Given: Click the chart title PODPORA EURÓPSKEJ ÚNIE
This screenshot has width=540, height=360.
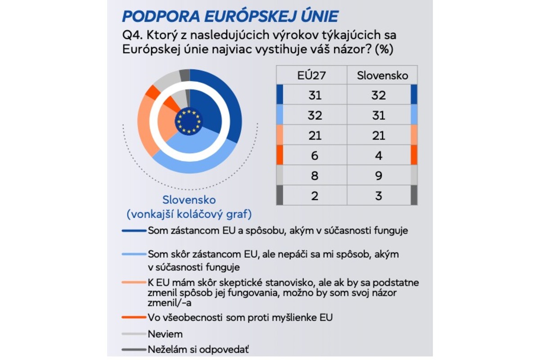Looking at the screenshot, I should point(230,16).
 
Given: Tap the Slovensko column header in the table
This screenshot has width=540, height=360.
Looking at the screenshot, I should point(382,75).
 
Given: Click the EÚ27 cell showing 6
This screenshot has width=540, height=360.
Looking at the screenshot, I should point(315,155).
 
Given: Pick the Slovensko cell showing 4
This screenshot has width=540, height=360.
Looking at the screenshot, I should point(379,155).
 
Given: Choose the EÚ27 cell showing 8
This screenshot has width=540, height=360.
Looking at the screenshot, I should point(315,175).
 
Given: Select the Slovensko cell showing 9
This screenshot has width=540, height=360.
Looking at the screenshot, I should point(379,175).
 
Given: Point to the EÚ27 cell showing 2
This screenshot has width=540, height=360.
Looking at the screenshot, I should point(315,195).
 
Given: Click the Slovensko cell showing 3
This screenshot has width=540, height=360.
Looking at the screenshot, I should point(379,195).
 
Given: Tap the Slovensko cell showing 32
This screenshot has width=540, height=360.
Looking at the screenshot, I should point(379,95).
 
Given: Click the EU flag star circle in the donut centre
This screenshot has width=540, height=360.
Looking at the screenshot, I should point(189,121).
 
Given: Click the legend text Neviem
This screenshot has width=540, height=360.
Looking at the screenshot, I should point(165,334).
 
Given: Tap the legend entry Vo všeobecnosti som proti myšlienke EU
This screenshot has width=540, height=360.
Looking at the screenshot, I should point(240,317).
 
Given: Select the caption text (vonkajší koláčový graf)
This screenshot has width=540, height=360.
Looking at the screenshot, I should point(189,213).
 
